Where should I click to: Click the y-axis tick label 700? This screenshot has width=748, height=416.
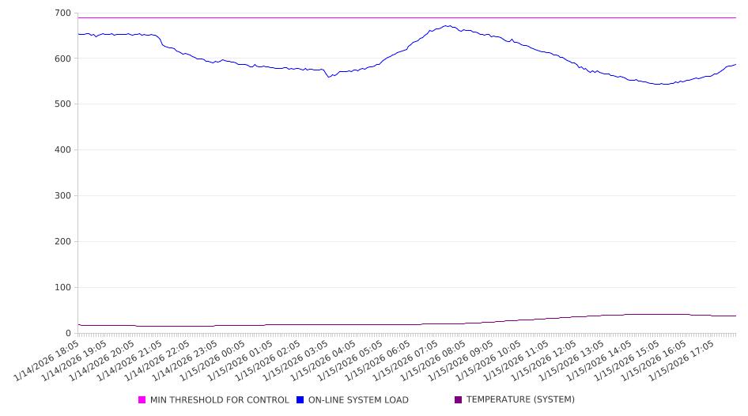(62, 13)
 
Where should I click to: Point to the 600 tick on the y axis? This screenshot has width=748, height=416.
(62, 59)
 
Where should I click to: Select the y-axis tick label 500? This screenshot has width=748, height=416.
(62, 104)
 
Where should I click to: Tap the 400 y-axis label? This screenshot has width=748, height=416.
(62, 150)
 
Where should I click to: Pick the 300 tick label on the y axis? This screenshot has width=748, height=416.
(62, 196)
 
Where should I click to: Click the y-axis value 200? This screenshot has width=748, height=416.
(62, 242)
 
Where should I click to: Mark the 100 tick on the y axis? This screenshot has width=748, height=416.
(62, 288)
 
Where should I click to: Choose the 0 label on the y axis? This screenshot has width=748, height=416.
(68, 334)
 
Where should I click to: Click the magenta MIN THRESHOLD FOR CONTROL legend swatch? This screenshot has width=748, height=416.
(142, 400)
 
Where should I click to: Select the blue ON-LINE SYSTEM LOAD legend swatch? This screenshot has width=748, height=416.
(300, 400)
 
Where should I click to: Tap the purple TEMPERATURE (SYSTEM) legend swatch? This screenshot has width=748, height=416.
(459, 400)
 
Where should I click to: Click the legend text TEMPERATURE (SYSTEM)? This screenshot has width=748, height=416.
(520, 400)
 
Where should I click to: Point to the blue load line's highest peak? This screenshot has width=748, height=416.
(448, 25)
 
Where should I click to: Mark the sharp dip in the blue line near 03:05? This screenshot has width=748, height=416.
(328, 77)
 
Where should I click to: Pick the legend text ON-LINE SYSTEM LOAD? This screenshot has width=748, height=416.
(358, 400)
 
